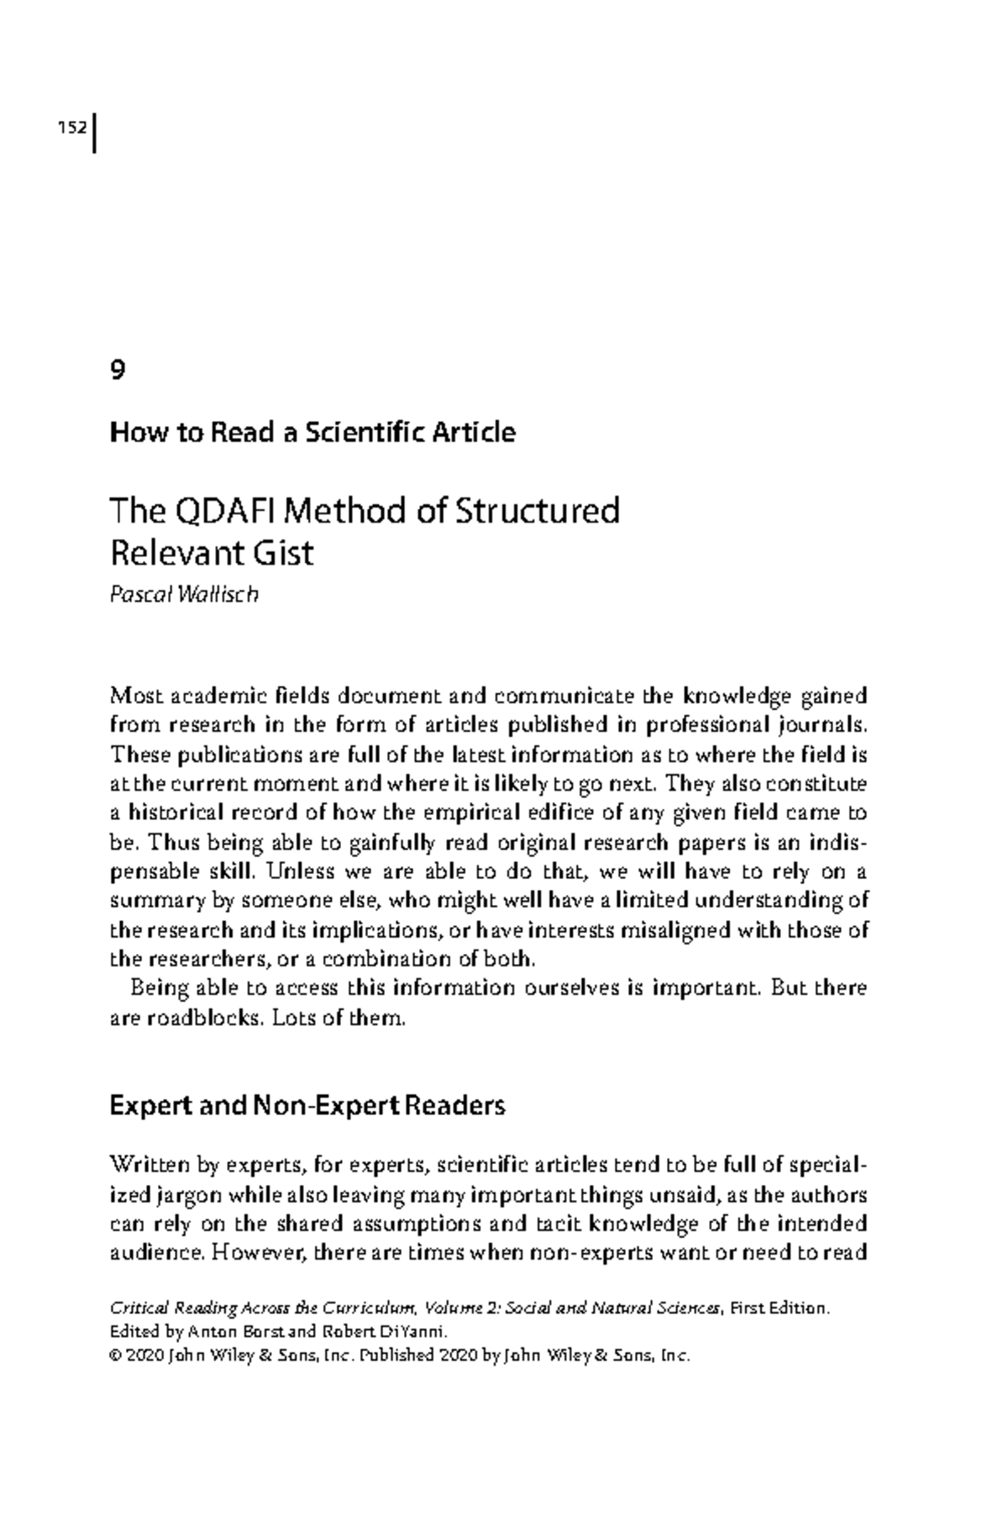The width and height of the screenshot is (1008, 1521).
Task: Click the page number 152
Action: click(x=71, y=128)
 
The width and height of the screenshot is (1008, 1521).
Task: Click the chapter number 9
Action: click(x=118, y=371)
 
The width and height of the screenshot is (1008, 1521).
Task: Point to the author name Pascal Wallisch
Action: click(x=184, y=594)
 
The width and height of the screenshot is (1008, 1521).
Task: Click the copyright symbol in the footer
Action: click(x=115, y=1355)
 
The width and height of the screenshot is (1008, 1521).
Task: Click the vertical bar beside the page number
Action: click(x=94, y=132)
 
